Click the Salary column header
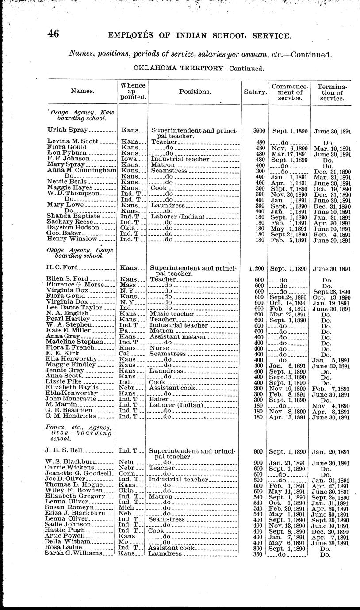[255, 92]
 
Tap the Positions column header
[195, 92]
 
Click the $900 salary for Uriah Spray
[253, 130]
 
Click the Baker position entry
[158, 400]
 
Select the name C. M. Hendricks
[70, 416]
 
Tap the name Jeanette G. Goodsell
[75, 474]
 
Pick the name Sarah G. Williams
[73, 553]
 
